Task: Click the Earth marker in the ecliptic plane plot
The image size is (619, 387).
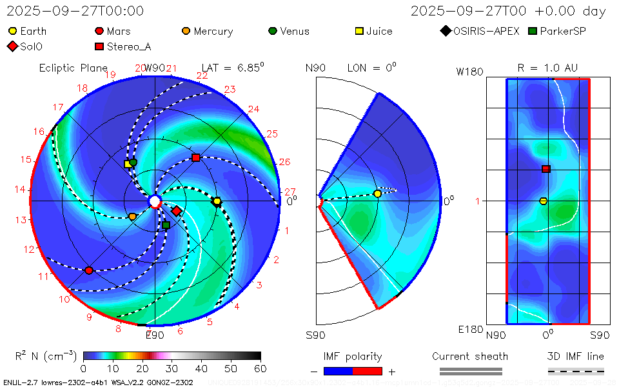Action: [x=217, y=202]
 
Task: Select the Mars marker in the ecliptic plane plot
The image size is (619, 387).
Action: [x=89, y=270]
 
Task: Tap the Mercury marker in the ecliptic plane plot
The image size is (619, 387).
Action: [x=133, y=217]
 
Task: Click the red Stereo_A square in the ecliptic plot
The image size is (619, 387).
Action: [x=196, y=158]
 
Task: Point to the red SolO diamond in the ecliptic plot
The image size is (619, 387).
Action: [x=176, y=211]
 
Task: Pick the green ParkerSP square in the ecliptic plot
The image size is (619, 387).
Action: [x=166, y=225]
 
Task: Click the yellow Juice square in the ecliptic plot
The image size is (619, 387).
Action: [x=128, y=164]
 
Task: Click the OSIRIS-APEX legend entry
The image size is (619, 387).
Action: [x=480, y=31]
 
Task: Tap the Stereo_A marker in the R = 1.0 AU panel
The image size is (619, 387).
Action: [x=545, y=169]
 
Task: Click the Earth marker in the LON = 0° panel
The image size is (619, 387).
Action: [x=377, y=193]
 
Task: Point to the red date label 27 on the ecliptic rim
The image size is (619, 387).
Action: [x=290, y=192]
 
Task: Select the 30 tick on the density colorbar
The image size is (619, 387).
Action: [x=172, y=368]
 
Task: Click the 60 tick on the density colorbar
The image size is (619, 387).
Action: [x=260, y=368]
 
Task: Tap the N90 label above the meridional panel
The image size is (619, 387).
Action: [x=315, y=68]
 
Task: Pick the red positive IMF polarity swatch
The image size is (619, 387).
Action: [x=368, y=371]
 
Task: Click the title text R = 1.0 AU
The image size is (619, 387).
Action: [x=547, y=68]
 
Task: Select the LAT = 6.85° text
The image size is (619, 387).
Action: [x=233, y=67]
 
